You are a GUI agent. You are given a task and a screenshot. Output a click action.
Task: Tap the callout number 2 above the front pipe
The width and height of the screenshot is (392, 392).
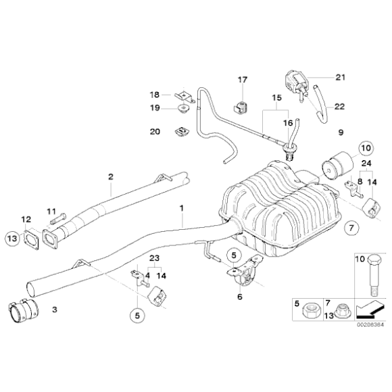point(110,177)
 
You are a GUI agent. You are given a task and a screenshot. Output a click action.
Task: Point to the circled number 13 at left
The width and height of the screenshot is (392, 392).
point(11,237)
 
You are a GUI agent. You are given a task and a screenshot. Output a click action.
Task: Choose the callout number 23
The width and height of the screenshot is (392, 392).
point(153,258)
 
